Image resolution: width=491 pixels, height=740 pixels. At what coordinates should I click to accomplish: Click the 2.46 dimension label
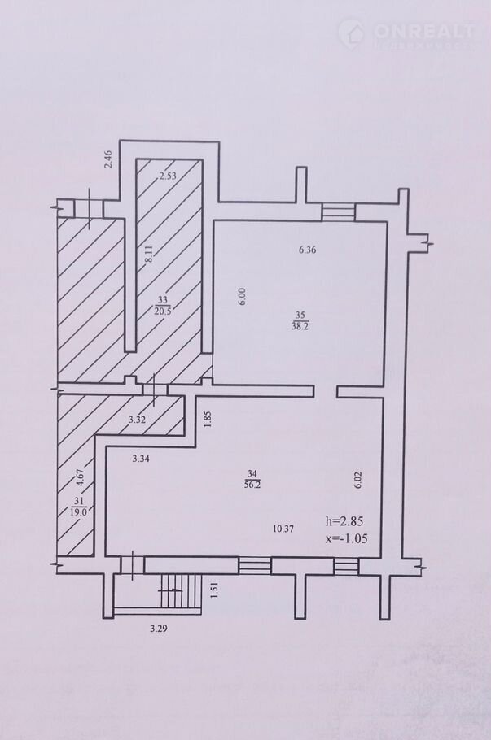click(108, 159)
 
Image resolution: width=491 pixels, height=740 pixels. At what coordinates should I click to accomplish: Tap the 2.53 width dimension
click(167, 176)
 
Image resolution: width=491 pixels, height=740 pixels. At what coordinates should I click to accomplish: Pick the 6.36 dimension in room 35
click(307, 250)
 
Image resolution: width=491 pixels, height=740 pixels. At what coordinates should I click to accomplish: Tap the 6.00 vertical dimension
click(242, 297)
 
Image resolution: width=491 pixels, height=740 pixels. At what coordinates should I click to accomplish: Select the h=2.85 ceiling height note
click(344, 521)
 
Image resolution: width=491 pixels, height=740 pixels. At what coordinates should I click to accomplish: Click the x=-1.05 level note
click(347, 538)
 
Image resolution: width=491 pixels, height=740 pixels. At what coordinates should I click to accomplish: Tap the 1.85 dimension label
click(208, 419)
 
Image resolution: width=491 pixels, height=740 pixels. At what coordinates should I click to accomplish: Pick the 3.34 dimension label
click(141, 459)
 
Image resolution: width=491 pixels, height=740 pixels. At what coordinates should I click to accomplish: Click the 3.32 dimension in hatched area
click(137, 419)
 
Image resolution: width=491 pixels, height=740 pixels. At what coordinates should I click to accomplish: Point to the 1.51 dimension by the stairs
click(213, 590)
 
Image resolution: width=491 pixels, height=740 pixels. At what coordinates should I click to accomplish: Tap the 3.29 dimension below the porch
click(158, 628)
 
